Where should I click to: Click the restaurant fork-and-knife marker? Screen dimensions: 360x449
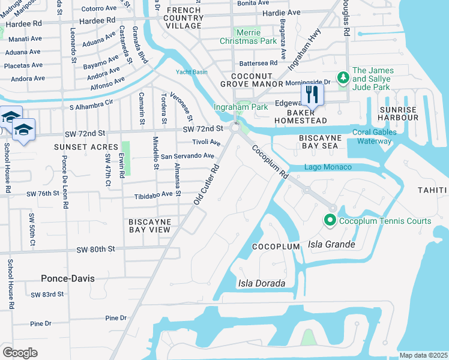pos(312,94)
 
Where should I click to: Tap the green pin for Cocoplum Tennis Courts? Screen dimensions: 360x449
pos(330,221)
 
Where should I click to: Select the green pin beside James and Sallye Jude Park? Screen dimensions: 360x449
pos(343,77)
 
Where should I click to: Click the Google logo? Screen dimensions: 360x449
pos(20,353)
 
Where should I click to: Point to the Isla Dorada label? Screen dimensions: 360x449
pos(261,283)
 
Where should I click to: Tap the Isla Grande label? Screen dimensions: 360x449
pos(332,244)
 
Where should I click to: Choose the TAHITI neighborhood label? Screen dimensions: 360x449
pos(432,190)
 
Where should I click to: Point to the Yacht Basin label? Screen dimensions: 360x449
pos(191,72)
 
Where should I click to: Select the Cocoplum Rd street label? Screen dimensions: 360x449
pos(268,161)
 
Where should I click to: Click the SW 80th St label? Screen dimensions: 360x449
pos(95,249)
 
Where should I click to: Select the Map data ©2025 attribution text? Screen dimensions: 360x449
pos(423,355)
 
